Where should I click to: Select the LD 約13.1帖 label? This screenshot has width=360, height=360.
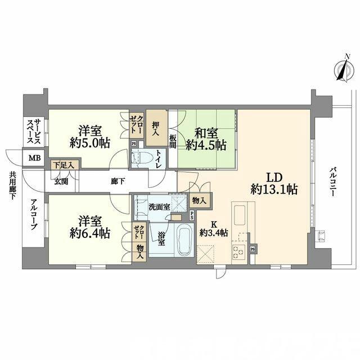pos(274,183)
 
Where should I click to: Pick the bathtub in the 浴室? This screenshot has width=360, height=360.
pos(181,240)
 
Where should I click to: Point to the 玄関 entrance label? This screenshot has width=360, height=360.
pos(60,181)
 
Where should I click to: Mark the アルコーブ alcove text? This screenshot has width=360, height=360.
pos(33,217)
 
